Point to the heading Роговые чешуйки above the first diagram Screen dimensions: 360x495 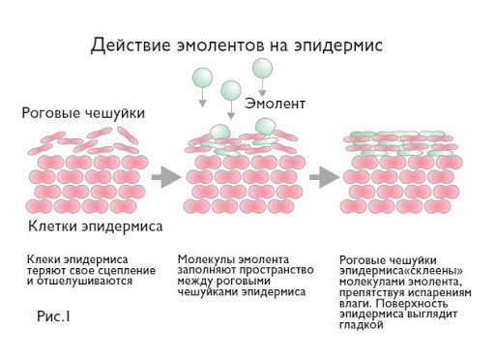click(83, 114)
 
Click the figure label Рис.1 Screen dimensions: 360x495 click(54, 316)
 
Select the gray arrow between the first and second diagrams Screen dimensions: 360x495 click(167, 176)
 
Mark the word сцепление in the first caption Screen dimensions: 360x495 click(121, 271)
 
